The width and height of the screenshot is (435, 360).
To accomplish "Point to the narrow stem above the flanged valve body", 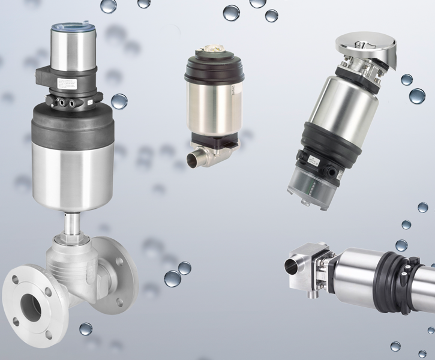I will [73, 226].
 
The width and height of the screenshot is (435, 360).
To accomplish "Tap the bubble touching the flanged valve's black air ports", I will [119, 101].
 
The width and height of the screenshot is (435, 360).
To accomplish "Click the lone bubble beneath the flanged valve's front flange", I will [86, 329].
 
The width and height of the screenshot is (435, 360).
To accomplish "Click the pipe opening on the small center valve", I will [194, 161].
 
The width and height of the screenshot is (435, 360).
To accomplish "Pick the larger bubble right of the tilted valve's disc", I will [417, 95].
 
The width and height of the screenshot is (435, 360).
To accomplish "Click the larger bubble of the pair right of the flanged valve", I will [173, 278].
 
